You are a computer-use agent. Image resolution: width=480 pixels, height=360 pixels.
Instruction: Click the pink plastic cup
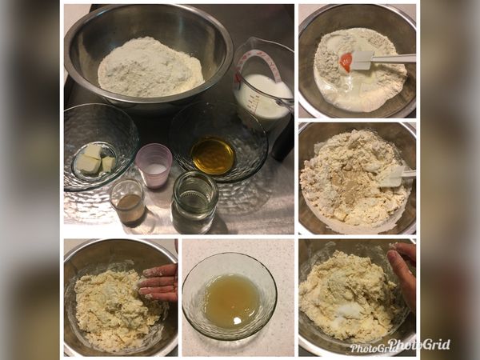[153, 164]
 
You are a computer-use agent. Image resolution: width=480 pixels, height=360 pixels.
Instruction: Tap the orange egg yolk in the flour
[346, 62]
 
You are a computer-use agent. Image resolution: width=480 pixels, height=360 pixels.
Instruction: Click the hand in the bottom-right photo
[404, 272]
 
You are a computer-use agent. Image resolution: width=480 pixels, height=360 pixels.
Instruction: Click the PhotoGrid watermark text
[400, 346]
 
